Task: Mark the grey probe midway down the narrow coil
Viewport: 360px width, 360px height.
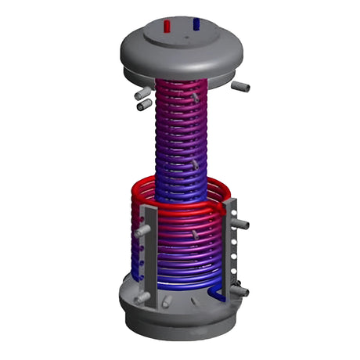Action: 193,165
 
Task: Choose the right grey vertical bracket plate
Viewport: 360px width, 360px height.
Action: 229,243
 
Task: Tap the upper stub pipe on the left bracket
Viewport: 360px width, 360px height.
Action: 141,232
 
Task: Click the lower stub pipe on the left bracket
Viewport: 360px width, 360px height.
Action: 142,297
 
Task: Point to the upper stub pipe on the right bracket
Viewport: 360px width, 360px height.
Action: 242,225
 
